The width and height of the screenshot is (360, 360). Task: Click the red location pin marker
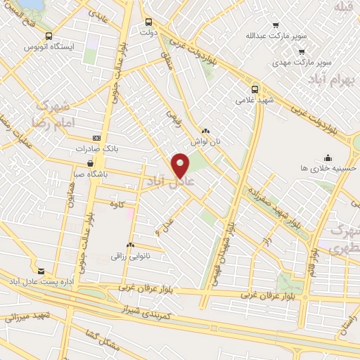[181, 165]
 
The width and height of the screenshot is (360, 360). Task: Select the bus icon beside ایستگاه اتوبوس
[48, 36]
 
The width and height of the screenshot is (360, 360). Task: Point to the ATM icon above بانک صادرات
[96, 139]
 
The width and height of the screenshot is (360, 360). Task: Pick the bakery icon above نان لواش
[205, 130]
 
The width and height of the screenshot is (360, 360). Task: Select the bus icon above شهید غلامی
[255, 89]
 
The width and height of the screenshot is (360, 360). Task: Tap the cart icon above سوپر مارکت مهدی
[301, 51]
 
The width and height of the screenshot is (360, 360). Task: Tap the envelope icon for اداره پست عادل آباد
[40, 271]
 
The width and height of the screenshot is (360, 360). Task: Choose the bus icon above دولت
[148, 21]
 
